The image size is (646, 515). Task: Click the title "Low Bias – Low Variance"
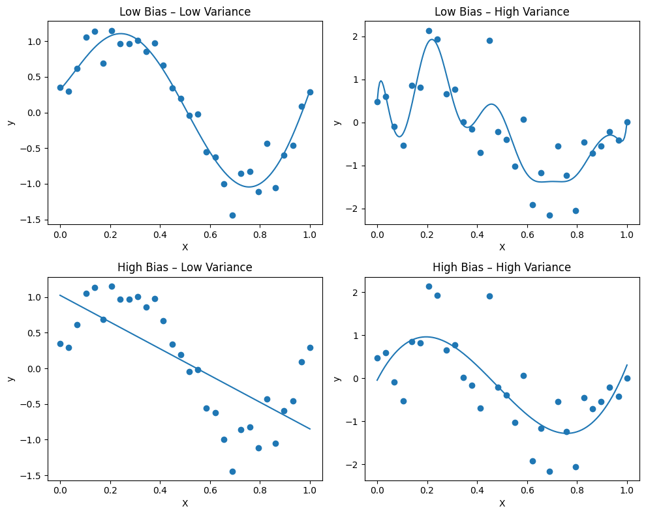pyautogui.click(x=185, y=12)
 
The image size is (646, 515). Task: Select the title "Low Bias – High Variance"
pyautogui.click(x=502, y=12)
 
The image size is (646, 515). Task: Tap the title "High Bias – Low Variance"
pyautogui.click(x=185, y=267)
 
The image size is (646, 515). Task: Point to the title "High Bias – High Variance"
pyautogui.click(x=502, y=267)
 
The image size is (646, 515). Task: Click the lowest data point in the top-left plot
pyautogui.click(x=232, y=215)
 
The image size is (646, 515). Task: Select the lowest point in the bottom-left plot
pyautogui.click(x=232, y=471)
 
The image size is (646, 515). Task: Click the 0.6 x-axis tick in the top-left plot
pyautogui.click(x=210, y=235)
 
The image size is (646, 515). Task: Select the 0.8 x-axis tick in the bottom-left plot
pyautogui.click(x=260, y=491)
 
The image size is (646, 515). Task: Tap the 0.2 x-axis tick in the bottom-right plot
pyautogui.click(x=427, y=491)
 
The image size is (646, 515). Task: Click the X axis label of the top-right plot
pyautogui.click(x=502, y=247)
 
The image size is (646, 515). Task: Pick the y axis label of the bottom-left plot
pyautogui.click(x=10, y=378)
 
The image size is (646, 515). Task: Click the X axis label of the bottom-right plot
pyautogui.click(x=502, y=503)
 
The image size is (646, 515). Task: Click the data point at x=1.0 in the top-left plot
pyautogui.click(x=310, y=92)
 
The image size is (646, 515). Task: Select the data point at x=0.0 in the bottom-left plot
pyautogui.click(x=60, y=344)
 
